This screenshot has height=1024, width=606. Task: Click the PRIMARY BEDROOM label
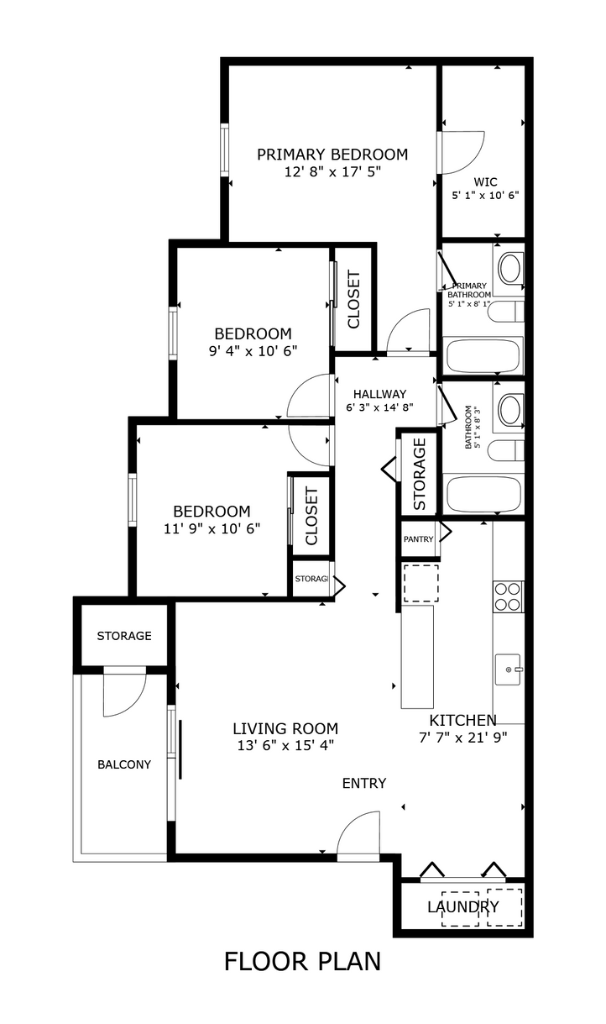(332, 155)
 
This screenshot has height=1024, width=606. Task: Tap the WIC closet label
(485, 181)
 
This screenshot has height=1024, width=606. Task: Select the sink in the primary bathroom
(509, 269)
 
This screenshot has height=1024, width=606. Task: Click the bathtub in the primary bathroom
(483, 355)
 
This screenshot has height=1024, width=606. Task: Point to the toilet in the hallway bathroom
(505, 450)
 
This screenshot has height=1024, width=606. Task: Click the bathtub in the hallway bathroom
(483, 494)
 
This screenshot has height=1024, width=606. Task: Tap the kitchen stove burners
(508, 596)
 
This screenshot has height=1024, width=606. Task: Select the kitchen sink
(508, 670)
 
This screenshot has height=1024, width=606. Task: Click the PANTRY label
(418, 539)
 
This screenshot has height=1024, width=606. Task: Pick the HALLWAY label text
(379, 394)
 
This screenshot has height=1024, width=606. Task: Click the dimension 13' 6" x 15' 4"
(285, 745)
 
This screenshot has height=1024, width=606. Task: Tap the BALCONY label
(124, 764)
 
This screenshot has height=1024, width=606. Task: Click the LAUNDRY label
(462, 907)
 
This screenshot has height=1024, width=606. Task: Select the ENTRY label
(364, 783)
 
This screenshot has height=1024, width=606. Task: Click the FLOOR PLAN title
(302, 961)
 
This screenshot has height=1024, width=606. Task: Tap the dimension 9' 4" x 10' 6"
(253, 350)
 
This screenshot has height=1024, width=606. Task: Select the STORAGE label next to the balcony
(124, 636)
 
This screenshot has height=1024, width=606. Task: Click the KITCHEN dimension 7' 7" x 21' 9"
(462, 738)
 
